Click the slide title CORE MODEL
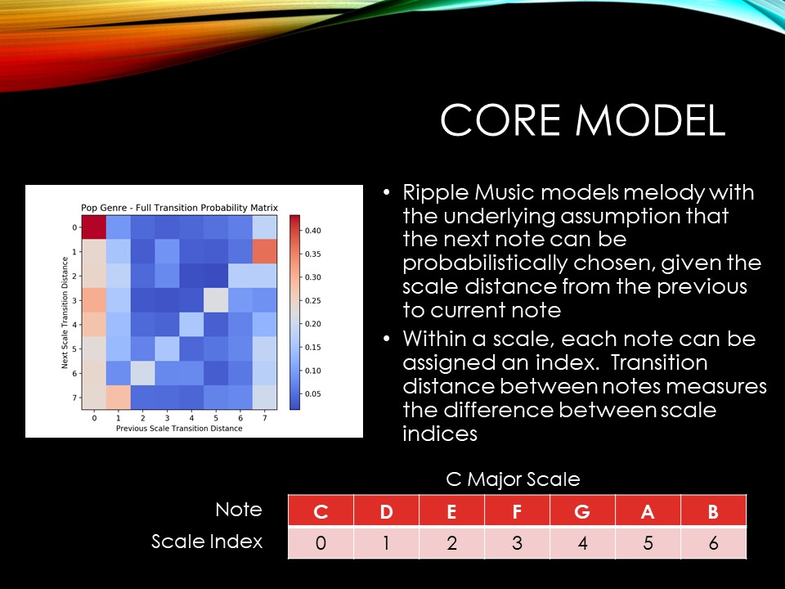pyautogui.click(x=583, y=120)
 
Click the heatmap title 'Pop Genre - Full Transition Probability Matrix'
pyautogui.click(x=179, y=208)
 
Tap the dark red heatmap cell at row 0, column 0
pyautogui.click(x=93, y=227)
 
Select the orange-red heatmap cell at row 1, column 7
pyautogui.click(x=265, y=251)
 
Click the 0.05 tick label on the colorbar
pyautogui.click(x=313, y=394)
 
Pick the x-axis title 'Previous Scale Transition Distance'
pyautogui.click(x=179, y=429)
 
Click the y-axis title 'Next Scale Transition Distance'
pyautogui.click(x=65, y=312)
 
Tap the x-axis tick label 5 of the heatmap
pyautogui.click(x=216, y=418)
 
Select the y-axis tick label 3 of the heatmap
pyautogui.click(x=74, y=300)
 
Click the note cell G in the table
pyautogui.click(x=582, y=510)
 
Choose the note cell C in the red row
pyautogui.click(x=321, y=510)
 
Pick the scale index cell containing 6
pyautogui.click(x=713, y=543)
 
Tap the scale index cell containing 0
pyautogui.click(x=321, y=543)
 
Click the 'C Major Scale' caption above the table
pyautogui.click(x=513, y=479)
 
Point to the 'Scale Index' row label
pyautogui.click(x=207, y=542)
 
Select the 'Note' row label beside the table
pyautogui.click(x=239, y=510)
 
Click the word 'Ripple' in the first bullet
pyautogui.click(x=436, y=193)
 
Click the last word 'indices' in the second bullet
pyautogui.click(x=440, y=434)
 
